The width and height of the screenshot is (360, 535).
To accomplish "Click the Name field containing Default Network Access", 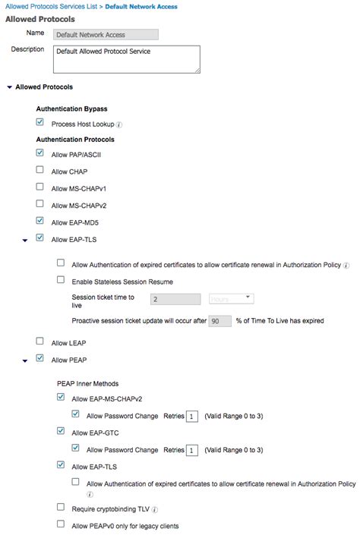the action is click(106, 34).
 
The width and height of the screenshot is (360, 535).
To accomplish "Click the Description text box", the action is click(127, 58).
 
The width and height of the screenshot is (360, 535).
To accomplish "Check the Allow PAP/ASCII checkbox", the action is click(39, 153).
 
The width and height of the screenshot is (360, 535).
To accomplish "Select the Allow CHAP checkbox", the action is click(39, 171).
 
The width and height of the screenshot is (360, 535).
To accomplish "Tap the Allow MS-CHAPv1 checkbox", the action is click(39, 187).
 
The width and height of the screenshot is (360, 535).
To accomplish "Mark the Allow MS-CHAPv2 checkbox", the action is click(39, 205).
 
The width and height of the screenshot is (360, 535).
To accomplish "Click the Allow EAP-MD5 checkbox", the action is click(39, 222).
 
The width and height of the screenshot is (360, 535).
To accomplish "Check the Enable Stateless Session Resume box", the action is click(61, 280).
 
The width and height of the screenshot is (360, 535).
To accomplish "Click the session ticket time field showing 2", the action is click(175, 299).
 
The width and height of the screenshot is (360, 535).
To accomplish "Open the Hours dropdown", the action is click(231, 299).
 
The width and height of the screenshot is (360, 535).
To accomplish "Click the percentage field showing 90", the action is click(220, 321).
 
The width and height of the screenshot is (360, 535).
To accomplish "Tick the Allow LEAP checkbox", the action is click(39, 342).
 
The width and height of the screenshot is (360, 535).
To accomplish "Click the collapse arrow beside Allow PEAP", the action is click(25, 360).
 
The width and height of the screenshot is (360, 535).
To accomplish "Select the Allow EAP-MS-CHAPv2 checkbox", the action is click(61, 397).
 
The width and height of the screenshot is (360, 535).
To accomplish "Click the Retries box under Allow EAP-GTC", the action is click(193, 449).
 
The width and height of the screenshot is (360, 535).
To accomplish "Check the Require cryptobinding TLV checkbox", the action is click(61, 507).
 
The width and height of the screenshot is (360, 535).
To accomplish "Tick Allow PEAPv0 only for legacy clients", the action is click(61, 524).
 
